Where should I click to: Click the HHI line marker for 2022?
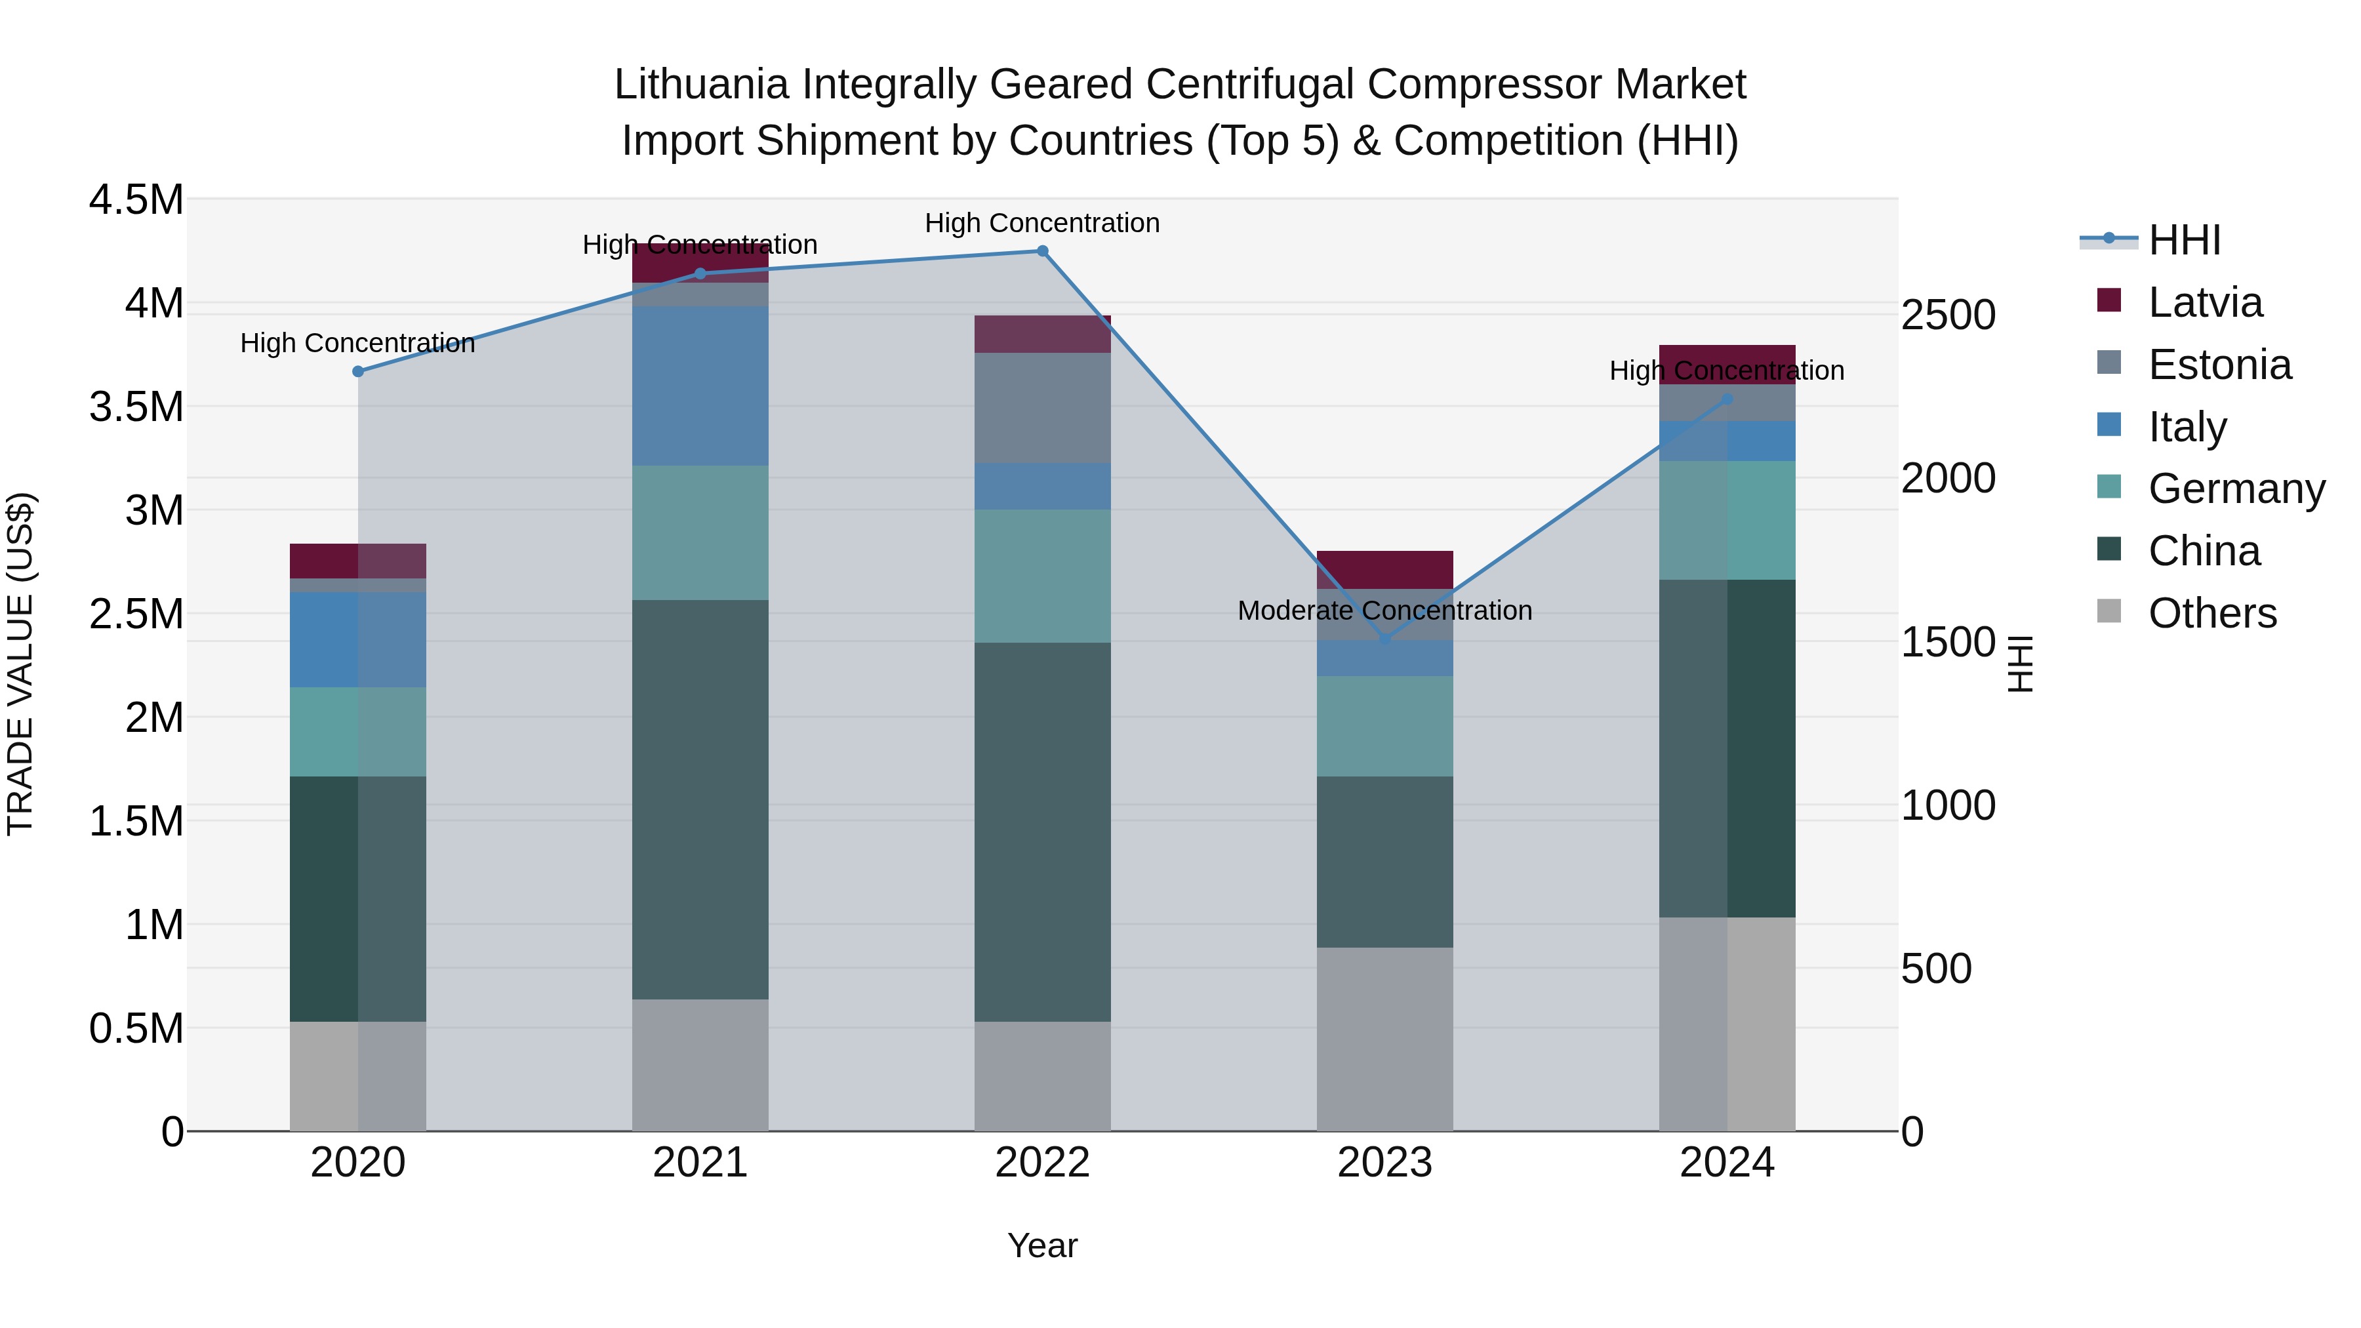tap(1042, 251)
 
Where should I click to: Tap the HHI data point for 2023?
tap(1385, 638)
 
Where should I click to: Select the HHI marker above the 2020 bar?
tap(358, 371)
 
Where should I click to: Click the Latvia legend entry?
tap(2205, 302)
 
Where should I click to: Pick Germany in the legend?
tap(2236, 489)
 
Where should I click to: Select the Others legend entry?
tap(2211, 613)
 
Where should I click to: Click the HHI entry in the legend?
tap(2184, 240)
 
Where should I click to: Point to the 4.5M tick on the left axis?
tap(136, 200)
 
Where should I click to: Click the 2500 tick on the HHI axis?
tap(1948, 315)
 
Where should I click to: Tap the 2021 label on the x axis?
tap(700, 1163)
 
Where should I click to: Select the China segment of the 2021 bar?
tap(700, 799)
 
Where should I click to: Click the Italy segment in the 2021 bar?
tap(700, 386)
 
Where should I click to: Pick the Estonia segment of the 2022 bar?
tap(1042, 408)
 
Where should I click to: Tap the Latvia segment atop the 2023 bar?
tap(1385, 569)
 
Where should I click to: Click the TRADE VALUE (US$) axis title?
tap(20, 664)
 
